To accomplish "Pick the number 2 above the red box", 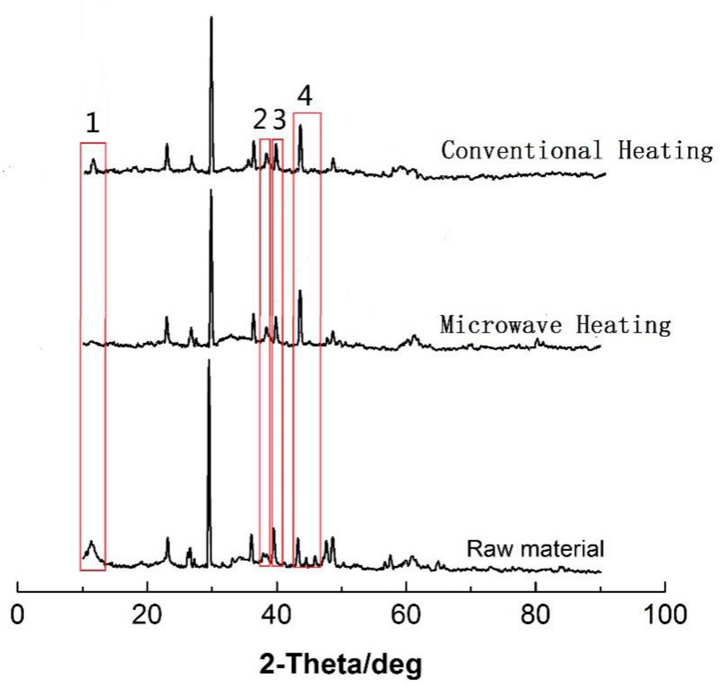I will coord(260,120).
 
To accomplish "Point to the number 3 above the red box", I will coord(279,120).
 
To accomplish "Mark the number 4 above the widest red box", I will coord(305,96).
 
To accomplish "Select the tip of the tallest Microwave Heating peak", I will coord(211,190).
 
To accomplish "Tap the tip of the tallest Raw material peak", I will coord(209,360).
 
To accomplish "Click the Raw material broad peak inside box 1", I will coord(91,542).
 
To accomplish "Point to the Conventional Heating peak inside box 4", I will coord(301,126).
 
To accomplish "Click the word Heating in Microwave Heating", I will coord(623,325).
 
